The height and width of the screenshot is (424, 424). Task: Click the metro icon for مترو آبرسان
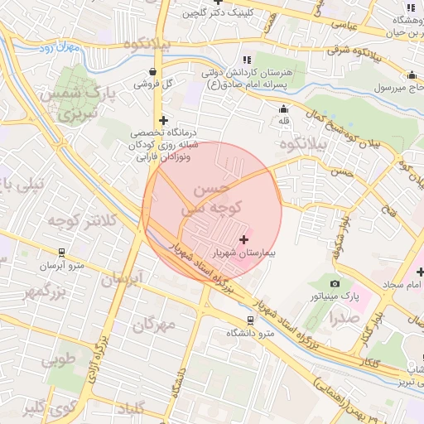[x=61, y=253]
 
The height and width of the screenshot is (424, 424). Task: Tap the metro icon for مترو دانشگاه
[x=251, y=320]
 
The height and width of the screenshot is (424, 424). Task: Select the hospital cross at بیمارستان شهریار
[x=243, y=239]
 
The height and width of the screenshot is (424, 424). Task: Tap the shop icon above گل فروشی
[x=152, y=71]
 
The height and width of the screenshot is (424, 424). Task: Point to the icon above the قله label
[x=284, y=108]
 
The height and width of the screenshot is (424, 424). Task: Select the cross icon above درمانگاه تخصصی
[x=163, y=120]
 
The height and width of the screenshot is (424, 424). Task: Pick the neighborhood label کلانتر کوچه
[x=56, y=220]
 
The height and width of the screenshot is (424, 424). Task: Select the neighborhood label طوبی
[x=58, y=359]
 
